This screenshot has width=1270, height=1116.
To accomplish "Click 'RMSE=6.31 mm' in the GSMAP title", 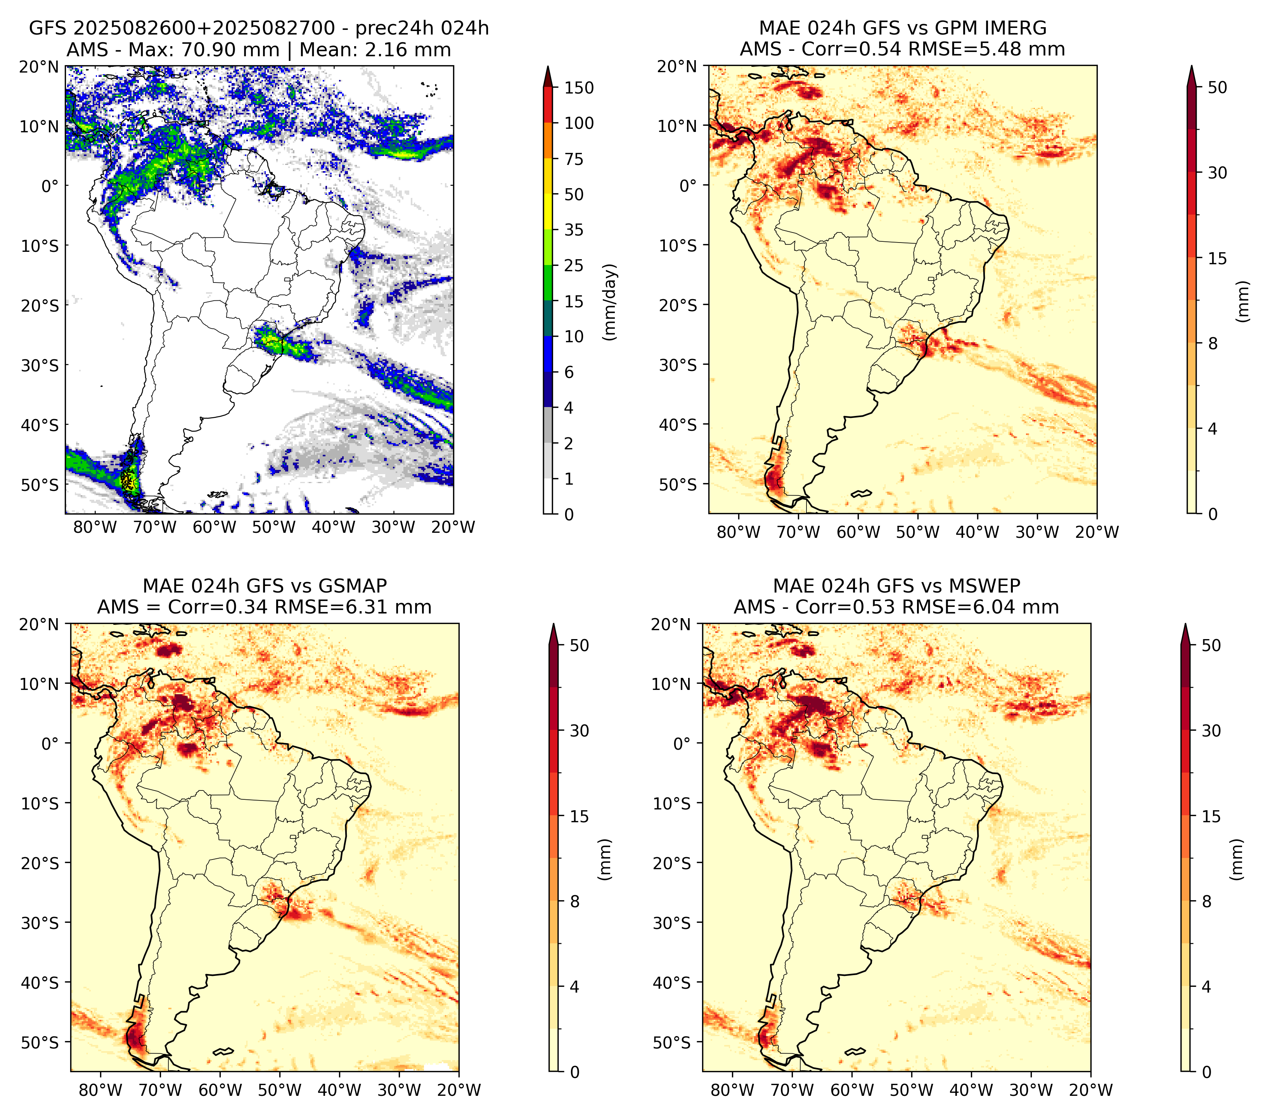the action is pyautogui.click(x=353, y=607).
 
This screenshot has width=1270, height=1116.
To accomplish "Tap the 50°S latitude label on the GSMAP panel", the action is pyautogui.click(x=40, y=1042).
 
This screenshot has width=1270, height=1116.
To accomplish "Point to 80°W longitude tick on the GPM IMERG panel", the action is pyautogui.click(x=738, y=532).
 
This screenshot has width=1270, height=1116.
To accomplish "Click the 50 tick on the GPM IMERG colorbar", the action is pyautogui.click(x=1218, y=88).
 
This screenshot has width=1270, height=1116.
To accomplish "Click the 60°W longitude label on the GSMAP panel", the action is pyautogui.click(x=220, y=1090).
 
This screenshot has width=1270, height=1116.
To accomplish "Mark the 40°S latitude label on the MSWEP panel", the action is pyautogui.click(x=672, y=983).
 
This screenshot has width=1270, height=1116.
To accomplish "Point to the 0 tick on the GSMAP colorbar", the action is pyautogui.click(x=574, y=1072).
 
